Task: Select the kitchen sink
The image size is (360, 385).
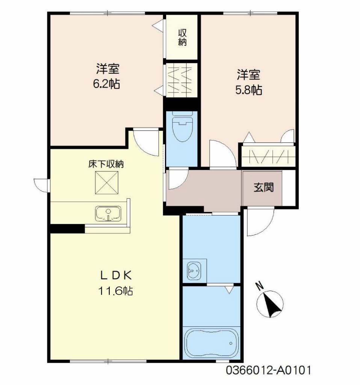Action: [108, 214]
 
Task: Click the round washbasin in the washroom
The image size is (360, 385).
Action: [194, 271]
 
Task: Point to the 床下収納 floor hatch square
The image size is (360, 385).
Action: [106, 183]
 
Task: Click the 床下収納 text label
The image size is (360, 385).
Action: [106, 164]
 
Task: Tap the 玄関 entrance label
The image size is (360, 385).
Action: [263, 188]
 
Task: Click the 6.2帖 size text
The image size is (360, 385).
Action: [106, 84]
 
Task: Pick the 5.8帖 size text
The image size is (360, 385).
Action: [249, 90]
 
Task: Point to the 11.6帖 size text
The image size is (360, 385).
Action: [116, 291]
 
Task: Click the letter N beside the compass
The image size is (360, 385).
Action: [259, 286]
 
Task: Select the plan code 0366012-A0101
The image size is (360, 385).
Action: [268, 370]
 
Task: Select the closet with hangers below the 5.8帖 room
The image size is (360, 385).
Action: [268, 156]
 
